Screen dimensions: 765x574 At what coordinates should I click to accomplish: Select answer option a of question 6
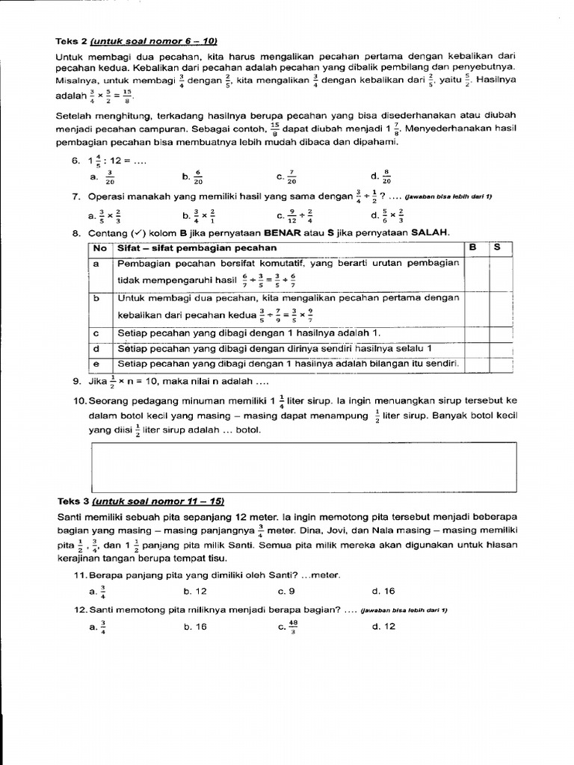(104, 177)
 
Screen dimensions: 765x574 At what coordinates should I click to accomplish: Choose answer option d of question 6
(380, 177)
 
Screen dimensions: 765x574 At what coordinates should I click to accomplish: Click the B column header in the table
(472, 247)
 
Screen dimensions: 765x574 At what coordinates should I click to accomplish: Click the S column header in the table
(497, 247)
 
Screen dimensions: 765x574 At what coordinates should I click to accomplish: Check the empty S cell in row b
(501, 308)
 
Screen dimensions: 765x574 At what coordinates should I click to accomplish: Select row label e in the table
(97, 364)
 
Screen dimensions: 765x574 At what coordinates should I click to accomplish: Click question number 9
(77, 381)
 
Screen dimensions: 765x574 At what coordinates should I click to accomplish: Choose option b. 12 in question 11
(195, 592)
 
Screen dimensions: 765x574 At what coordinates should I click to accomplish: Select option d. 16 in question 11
(383, 592)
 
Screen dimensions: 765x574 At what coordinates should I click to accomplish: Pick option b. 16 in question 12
(195, 627)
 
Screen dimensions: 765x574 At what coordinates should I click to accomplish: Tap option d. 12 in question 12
(383, 627)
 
